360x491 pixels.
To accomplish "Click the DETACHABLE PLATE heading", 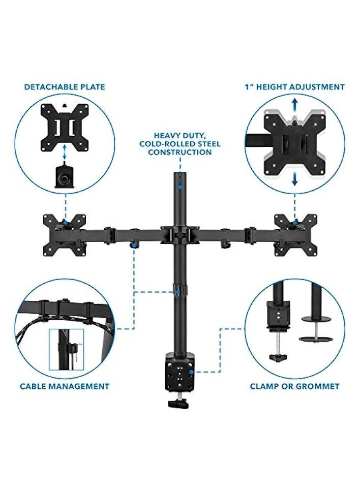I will tap(65, 87).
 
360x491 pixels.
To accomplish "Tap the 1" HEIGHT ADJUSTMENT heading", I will tap(294, 87).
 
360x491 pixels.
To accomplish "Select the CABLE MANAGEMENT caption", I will tap(65, 386).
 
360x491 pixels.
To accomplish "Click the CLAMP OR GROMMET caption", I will tap(294, 386).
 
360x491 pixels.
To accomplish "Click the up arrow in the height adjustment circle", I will tap(294, 104).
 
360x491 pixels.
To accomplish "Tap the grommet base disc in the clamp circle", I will tap(313, 338).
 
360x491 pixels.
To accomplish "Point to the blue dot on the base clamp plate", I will tap(190, 373).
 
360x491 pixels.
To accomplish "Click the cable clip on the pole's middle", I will tap(178, 291).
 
